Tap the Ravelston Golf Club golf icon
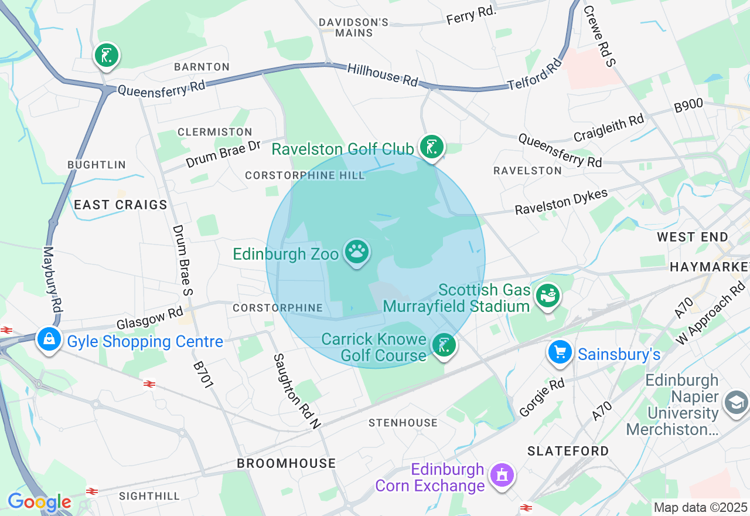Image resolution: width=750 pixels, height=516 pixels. (432, 147)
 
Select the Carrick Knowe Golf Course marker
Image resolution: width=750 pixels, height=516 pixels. (444, 345)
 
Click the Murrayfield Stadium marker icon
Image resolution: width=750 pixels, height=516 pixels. (548, 296)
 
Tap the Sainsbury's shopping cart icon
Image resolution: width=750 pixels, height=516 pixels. (560, 352)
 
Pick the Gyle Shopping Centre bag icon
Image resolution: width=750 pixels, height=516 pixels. (49, 339)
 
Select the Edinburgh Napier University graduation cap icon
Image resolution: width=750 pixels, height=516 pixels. (736, 403)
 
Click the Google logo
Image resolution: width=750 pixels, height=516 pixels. (39, 502)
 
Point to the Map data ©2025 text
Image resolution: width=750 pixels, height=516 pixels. (700, 507)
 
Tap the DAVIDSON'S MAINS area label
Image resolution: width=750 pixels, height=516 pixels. (353, 28)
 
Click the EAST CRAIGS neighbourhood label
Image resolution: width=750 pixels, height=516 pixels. (121, 205)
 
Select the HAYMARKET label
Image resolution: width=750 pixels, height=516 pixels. (709, 267)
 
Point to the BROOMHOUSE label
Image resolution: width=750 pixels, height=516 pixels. (286, 463)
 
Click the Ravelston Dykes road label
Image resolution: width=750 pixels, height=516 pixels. (561, 202)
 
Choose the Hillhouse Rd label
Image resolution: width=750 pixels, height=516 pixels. (383, 74)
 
